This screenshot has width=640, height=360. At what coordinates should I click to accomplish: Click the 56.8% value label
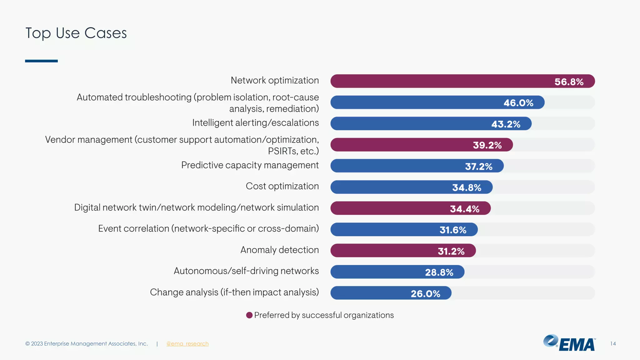point(569,82)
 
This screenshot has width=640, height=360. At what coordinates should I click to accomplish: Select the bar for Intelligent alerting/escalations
point(431,124)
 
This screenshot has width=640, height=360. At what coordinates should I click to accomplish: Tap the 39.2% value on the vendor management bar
point(487,145)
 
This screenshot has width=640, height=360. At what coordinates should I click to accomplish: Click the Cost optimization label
point(282,186)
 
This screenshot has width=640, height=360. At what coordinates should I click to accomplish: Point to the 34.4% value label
point(464,209)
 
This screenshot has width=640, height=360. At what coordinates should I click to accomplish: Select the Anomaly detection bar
point(403,251)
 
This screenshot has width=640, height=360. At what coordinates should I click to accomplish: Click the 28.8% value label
point(439,272)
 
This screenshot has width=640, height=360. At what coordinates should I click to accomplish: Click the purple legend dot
point(249,315)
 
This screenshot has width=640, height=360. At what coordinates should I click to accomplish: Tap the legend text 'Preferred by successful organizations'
point(324,315)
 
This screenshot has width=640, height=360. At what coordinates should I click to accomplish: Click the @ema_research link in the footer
point(187,344)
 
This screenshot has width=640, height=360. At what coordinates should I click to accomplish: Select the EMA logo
point(569,343)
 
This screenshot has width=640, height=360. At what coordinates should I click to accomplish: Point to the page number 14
point(613,344)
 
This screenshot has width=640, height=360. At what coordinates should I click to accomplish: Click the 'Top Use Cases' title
point(76,33)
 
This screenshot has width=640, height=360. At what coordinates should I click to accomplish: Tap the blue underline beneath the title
point(41,61)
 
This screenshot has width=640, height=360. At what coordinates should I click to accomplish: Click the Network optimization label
point(275,80)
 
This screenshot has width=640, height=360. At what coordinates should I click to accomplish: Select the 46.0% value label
point(518,103)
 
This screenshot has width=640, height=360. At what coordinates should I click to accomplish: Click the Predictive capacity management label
point(250,165)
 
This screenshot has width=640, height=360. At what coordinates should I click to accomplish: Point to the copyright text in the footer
point(87,344)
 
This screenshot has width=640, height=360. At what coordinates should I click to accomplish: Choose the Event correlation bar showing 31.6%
point(404,230)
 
